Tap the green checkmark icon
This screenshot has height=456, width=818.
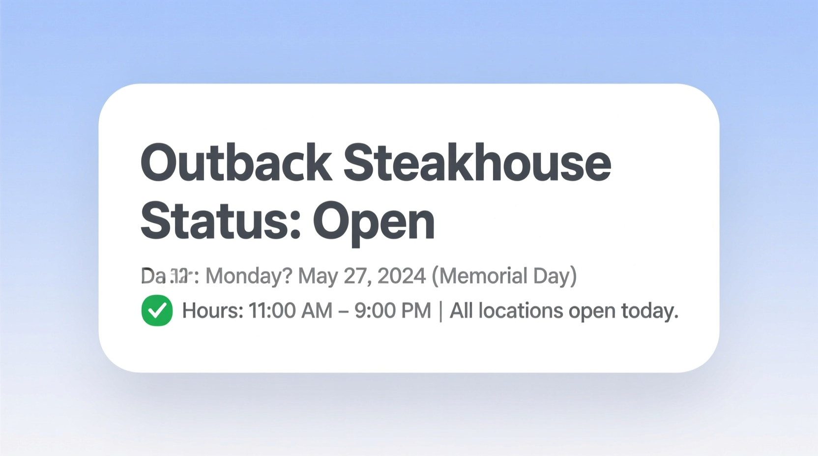(157, 311)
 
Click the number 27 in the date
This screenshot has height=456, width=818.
(356, 276)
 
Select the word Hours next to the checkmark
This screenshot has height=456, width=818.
(212, 311)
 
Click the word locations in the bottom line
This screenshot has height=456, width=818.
(521, 311)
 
